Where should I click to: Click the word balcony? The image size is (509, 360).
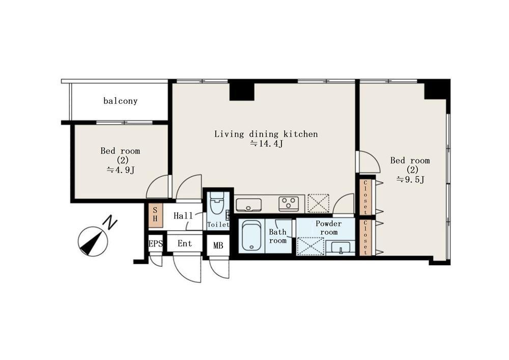(121, 101)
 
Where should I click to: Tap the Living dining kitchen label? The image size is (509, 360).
(266, 134)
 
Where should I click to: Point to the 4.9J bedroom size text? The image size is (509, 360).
(121, 170)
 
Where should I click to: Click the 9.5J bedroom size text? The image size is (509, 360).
(410, 180)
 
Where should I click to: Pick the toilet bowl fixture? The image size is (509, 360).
(217, 203)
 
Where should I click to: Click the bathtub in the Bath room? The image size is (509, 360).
(251, 236)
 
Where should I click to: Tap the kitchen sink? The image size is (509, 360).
(249, 205)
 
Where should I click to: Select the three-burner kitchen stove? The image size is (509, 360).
(289, 204)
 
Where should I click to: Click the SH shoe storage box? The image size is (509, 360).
(155, 214)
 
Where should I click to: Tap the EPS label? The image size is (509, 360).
(155, 243)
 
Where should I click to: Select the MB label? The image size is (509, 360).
(218, 246)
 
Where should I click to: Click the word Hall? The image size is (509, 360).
(183, 215)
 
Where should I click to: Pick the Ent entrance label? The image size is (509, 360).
(185, 243)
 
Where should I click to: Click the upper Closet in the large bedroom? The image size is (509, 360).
(365, 197)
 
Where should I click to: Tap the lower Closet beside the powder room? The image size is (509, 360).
(365, 237)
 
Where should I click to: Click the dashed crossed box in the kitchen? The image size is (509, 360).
(318, 203)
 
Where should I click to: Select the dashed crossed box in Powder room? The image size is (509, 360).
(310, 246)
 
